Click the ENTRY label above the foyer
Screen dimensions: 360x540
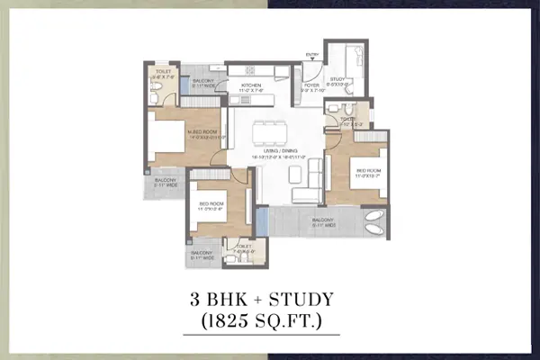click(313, 55)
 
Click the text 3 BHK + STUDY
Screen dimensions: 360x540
click(271, 299)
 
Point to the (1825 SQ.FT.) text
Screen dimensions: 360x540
click(271, 320)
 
